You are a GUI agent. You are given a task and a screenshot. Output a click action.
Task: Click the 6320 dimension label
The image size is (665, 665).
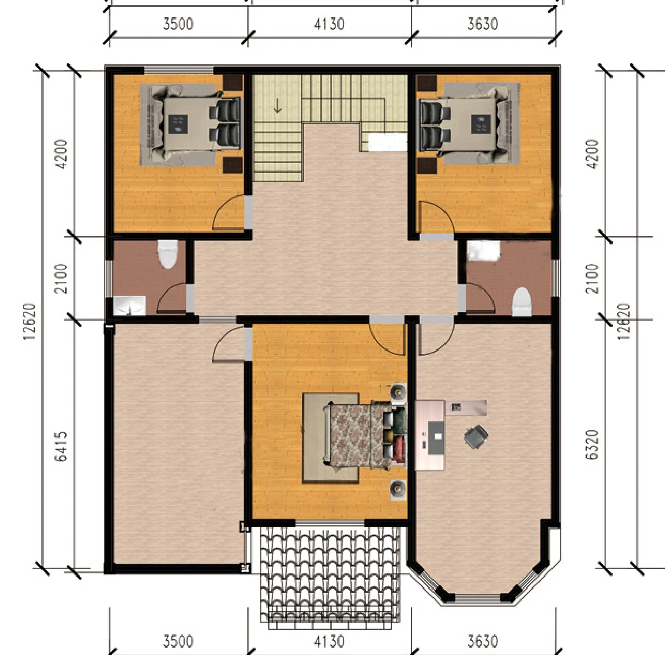[x=592, y=444]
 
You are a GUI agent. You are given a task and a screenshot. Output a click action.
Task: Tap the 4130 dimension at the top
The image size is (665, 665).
[x=329, y=24]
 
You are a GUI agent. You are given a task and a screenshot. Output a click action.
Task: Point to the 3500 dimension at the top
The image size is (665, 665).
[x=178, y=24]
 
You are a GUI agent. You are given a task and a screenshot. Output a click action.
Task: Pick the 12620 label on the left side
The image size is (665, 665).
[x=29, y=321]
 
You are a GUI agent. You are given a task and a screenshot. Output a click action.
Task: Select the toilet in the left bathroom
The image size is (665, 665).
[x=168, y=254]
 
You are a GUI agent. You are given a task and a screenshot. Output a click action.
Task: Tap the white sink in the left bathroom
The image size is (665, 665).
[x=130, y=306]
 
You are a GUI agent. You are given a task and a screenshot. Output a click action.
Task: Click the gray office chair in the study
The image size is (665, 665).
[x=476, y=437]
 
